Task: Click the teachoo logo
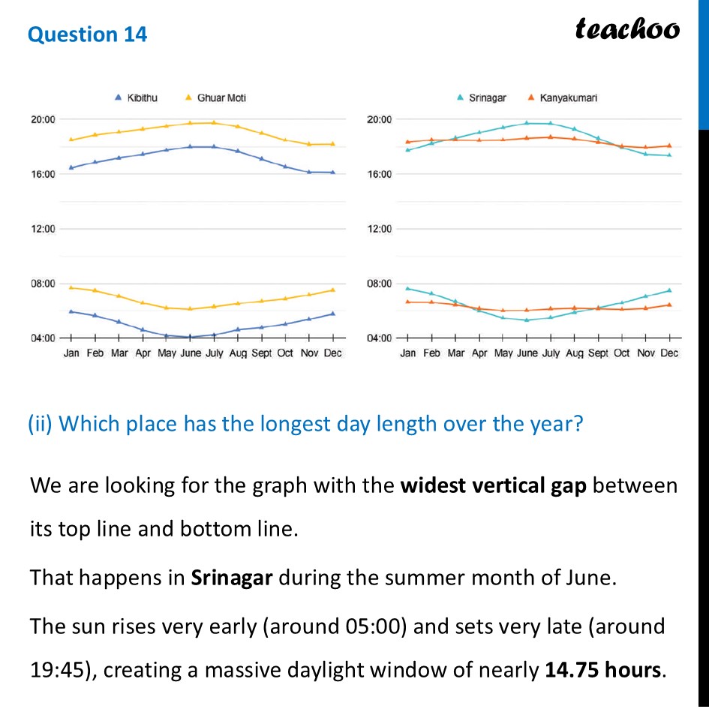[627, 29]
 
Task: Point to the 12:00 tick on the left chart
[44, 229]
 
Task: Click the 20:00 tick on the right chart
[379, 119]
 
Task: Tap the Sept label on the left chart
[261, 353]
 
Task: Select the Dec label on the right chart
[669, 353]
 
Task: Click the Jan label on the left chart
[71, 353]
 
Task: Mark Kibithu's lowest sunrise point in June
[190, 337]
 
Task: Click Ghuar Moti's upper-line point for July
[214, 122]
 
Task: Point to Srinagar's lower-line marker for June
[527, 320]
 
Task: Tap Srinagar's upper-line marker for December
[669, 155]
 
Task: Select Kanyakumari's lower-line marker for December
[669, 305]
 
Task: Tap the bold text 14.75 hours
[601, 668]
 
